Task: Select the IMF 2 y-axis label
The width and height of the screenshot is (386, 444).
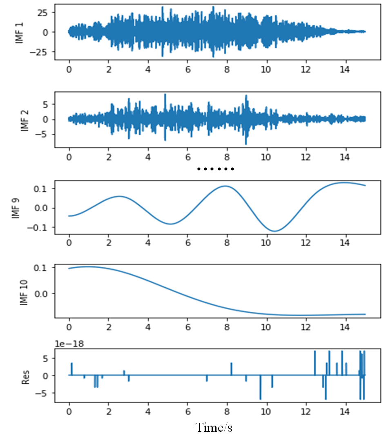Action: [x=23, y=119]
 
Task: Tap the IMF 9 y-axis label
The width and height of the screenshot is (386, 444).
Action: [x=16, y=208]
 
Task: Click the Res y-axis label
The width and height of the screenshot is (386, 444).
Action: [x=23, y=375]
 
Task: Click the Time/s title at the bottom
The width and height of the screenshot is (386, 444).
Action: [x=214, y=428]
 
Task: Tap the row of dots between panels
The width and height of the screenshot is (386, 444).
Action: [x=215, y=169]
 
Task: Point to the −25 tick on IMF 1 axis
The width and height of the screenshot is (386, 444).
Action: [x=40, y=52]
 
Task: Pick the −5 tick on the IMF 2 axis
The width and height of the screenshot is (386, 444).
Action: [x=44, y=134]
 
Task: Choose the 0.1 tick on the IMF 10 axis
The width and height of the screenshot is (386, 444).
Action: [x=42, y=268]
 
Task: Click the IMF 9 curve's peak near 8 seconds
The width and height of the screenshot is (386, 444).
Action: [x=225, y=186]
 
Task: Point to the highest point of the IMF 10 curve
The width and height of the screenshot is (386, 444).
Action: [x=87, y=266]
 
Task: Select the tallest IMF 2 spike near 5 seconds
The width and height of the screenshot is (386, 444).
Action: [x=165, y=95]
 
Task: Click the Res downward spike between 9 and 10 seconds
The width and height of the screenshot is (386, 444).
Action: [x=260, y=398]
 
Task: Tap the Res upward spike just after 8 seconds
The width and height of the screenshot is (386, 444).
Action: [x=231, y=363]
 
